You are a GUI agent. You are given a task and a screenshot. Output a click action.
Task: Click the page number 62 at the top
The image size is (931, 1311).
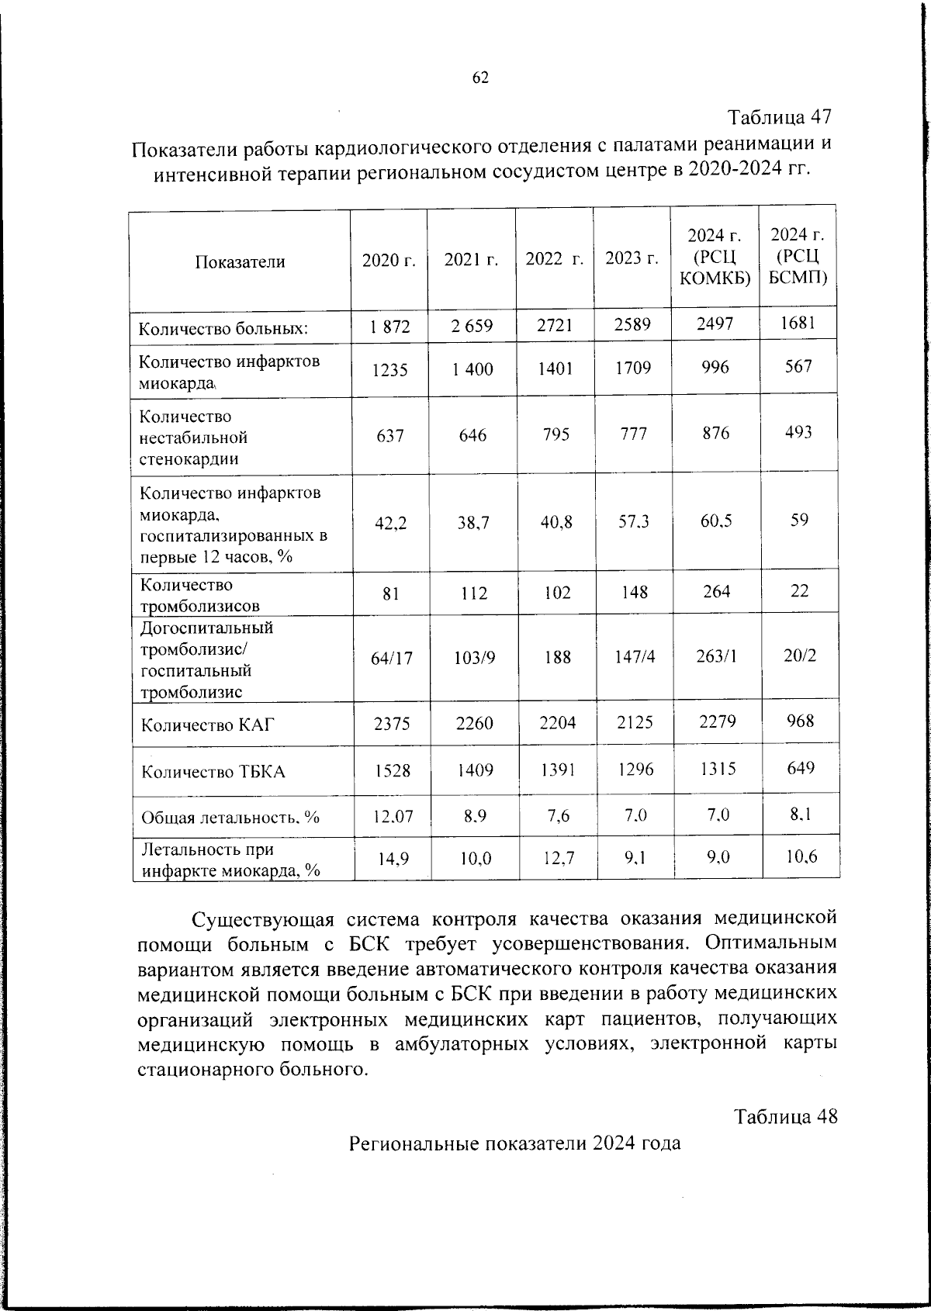pyautogui.click(x=480, y=78)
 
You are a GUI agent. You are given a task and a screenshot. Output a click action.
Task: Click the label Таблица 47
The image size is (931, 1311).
pyautogui.click(x=780, y=117)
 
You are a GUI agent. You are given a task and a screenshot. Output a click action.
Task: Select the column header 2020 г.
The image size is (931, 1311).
pyautogui.click(x=389, y=261)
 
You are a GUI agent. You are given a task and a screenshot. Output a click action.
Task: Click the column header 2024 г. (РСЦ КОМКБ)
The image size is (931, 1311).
pyautogui.click(x=715, y=257)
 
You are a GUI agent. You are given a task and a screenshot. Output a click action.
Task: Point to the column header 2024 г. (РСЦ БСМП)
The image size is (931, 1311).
pyautogui.click(x=798, y=256)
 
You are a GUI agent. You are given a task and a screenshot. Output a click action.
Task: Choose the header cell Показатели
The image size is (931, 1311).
pyautogui.click(x=240, y=262)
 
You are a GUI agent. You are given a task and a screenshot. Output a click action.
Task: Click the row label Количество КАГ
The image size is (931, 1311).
pyautogui.click(x=208, y=726)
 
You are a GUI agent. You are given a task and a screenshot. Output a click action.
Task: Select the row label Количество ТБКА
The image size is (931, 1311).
pyautogui.click(x=213, y=772)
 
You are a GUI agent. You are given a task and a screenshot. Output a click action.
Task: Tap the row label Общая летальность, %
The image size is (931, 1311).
pyautogui.click(x=230, y=818)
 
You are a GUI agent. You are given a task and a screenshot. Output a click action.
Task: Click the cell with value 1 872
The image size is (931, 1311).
pyautogui.click(x=389, y=327)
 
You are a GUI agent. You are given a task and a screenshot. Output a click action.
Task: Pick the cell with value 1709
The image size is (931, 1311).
pyautogui.click(x=633, y=368)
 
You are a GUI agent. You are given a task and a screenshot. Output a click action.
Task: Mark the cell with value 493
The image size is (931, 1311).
pyautogui.click(x=798, y=432)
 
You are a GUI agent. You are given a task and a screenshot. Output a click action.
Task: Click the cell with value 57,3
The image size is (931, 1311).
pyautogui.click(x=634, y=521)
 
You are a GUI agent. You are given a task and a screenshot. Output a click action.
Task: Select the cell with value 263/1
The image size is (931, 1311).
pyautogui.click(x=717, y=656)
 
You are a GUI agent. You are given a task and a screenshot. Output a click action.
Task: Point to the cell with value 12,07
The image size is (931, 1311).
pyautogui.click(x=393, y=816)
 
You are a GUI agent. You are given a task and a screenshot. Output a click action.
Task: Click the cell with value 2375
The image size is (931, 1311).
pyautogui.click(x=392, y=724)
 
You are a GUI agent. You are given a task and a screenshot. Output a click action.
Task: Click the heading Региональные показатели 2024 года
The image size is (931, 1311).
pyautogui.click(x=514, y=1143)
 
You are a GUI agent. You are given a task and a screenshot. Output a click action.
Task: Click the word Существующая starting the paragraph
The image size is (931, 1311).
pyautogui.click(x=263, y=920)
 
